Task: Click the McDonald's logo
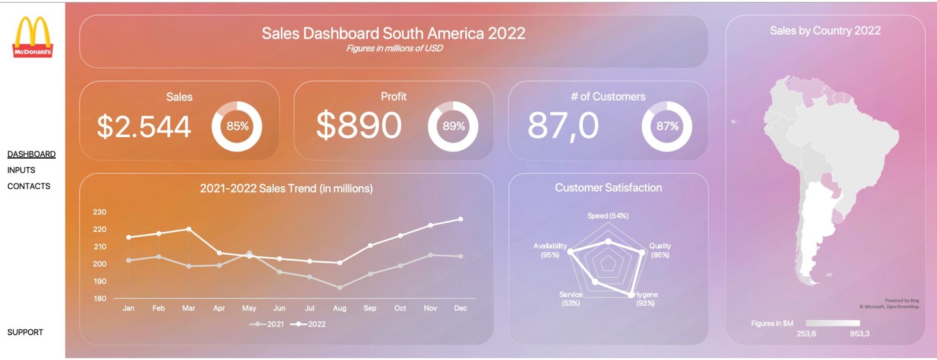(x=33, y=37)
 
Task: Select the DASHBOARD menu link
(x=31, y=154)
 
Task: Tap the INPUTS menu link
(x=22, y=170)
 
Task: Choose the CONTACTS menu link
(x=29, y=186)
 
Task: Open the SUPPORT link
(x=25, y=333)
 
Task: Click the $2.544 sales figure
(x=144, y=127)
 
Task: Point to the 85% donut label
(x=237, y=126)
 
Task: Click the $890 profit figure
(x=359, y=125)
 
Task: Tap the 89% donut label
(x=453, y=126)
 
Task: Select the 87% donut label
(x=667, y=126)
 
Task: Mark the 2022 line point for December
(x=461, y=219)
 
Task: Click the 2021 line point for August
(x=340, y=287)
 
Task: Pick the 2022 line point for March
(x=189, y=229)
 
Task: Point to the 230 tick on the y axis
(x=99, y=212)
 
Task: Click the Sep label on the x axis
(x=370, y=308)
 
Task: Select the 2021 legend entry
(x=267, y=325)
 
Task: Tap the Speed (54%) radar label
(x=608, y=216)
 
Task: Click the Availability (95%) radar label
(x=550, y=250)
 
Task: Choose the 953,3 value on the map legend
(x=859, y=334)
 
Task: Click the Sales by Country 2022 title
(x=825, y=31)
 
